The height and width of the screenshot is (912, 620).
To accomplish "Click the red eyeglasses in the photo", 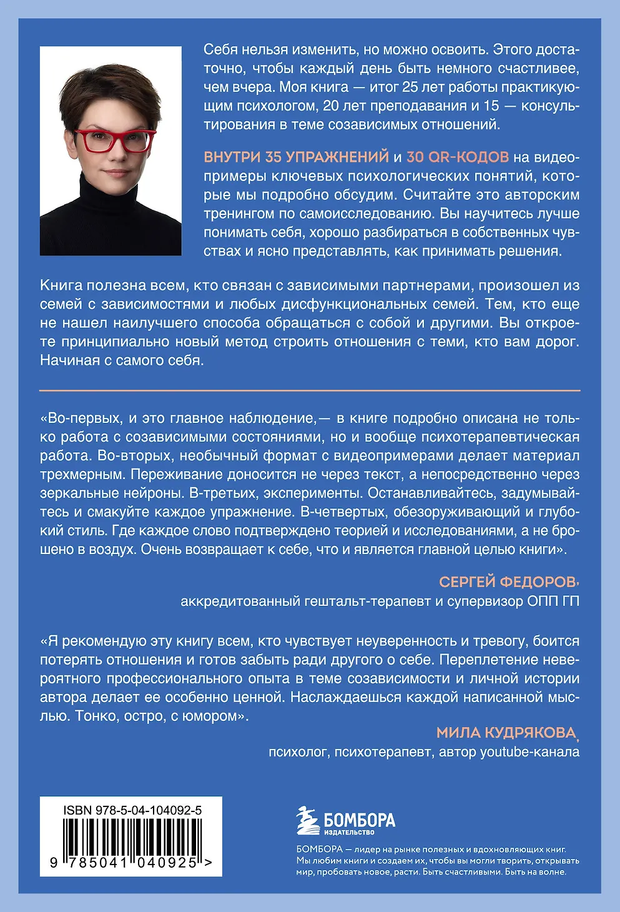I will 114,141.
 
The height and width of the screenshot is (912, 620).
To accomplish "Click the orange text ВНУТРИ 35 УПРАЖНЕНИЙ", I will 297,157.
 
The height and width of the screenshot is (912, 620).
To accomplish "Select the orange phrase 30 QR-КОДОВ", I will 458,157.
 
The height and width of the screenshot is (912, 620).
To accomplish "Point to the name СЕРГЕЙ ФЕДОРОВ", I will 507,582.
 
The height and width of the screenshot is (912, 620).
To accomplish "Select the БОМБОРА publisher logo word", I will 360,819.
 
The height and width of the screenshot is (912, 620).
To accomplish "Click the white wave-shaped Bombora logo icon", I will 308,821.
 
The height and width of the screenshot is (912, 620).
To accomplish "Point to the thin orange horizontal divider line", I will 310,390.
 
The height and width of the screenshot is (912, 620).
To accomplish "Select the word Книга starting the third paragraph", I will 61,285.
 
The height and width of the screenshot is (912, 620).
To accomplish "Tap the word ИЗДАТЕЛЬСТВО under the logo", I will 349,832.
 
